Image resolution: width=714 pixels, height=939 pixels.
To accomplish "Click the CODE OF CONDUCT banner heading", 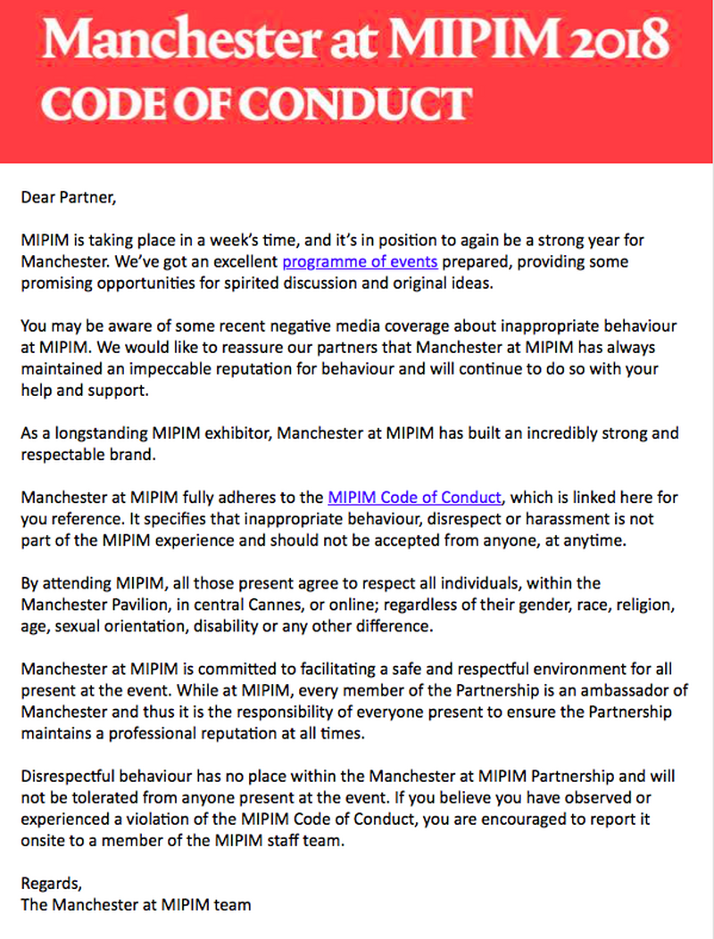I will (x=255, y=104).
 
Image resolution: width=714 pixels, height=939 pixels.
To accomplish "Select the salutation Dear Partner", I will (x=68, y=198).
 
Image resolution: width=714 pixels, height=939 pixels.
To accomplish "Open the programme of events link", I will (x=360, y=262).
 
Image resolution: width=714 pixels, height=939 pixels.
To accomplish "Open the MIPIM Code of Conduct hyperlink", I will (x=415, y=498).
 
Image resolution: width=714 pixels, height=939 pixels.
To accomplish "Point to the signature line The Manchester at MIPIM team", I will (x=136, y=905).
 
